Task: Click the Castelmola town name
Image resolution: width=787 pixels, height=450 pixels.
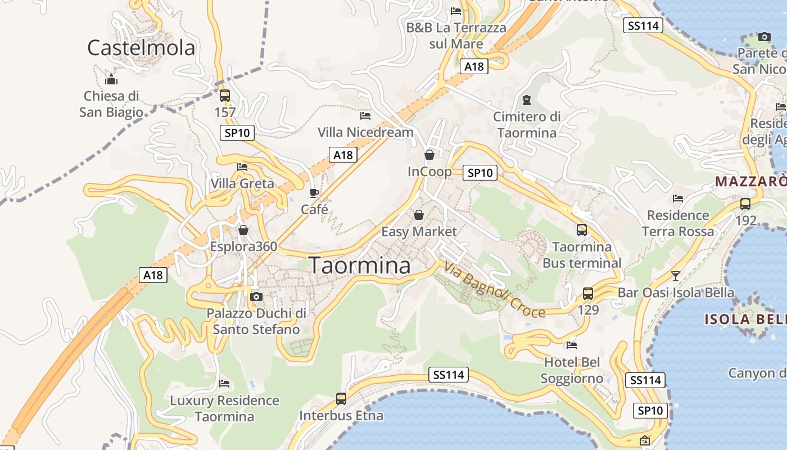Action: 141,48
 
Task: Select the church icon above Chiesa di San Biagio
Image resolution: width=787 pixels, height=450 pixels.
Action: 111,79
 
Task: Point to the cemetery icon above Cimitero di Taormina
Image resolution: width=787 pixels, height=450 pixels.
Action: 527,100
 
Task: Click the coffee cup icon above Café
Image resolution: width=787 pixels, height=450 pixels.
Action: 314,193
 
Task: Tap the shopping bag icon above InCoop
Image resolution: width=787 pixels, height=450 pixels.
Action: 429,155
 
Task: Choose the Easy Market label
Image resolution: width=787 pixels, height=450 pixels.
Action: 419,231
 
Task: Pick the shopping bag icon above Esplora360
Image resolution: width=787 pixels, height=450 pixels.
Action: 243,230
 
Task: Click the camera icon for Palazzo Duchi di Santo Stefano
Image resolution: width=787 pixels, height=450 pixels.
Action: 256,296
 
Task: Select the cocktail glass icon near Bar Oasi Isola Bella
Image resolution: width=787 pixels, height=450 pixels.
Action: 676,276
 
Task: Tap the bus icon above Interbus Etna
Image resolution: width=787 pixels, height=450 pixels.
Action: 341,399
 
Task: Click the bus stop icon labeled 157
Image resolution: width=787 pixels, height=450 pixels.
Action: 225,95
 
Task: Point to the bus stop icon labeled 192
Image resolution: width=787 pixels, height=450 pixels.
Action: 745,204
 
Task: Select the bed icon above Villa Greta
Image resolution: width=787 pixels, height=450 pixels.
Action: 242,167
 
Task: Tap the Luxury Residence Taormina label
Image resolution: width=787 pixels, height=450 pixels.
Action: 224,408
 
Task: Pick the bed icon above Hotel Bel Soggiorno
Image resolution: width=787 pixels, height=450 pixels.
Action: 572,345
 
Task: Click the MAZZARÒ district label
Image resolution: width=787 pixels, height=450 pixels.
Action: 750,182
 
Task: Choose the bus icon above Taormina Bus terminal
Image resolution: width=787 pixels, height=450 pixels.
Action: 582,230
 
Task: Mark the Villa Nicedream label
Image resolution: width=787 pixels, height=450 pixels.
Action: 365,132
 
